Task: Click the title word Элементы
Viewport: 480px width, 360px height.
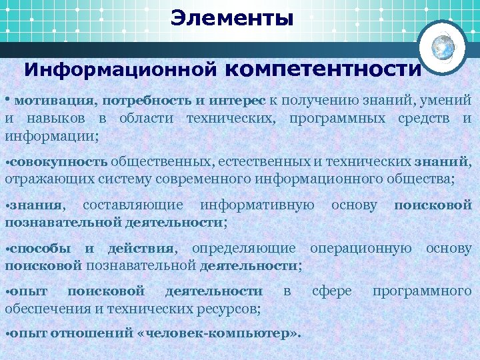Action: click(x=231, y=18)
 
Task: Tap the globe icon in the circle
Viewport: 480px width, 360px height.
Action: click(x=443, y=47)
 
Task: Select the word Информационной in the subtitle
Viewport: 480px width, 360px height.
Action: click(x=121, y=69)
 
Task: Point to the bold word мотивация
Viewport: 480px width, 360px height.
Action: click(x=54, y=101)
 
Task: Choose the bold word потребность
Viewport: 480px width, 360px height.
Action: click(x=147, y=101)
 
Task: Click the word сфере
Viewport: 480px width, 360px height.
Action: click(x=331, y=291)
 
